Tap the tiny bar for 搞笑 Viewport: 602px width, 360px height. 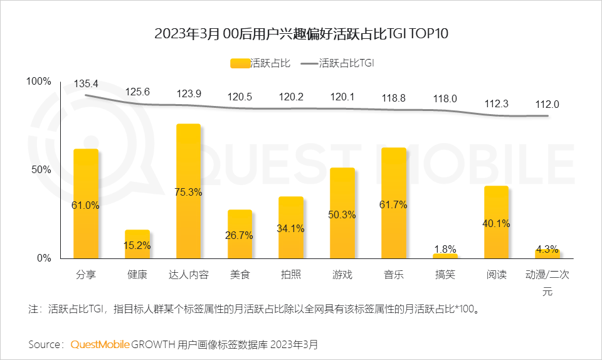click(x=445, y=256)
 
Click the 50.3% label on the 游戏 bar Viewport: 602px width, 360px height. click(x=342, y=214)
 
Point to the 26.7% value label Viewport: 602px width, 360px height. click(x=240, y=235)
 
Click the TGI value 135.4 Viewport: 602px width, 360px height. click(x=86, y=83)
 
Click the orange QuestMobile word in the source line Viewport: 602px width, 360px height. click(x=100, y=344)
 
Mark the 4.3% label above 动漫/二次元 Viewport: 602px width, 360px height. click(x=547, y=249)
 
